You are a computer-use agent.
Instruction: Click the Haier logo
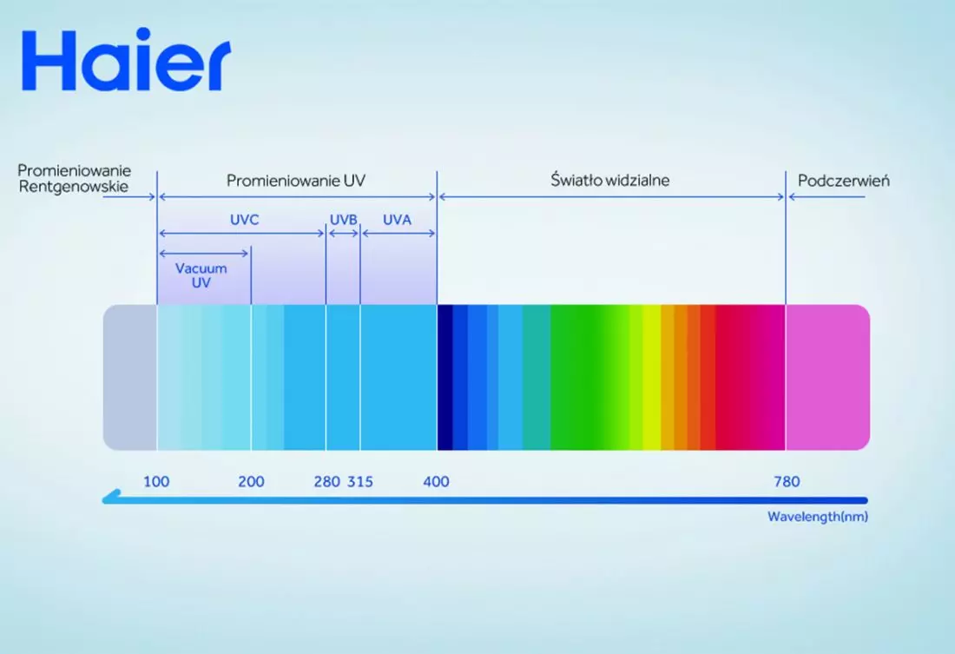pos(126,59)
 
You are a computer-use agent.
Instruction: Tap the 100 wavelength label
pos(156,481)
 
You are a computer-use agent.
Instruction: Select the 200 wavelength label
pos(251,481)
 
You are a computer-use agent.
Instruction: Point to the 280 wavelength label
pos(327,481)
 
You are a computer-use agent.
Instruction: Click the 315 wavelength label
pos(360,481)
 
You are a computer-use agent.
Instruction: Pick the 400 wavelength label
pos(436,481)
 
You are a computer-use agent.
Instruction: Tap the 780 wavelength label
pos(787,481)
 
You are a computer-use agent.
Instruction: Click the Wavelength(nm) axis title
pos(817,517)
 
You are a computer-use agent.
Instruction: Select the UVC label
pos(244,220)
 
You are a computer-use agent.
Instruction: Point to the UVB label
pos(344,220)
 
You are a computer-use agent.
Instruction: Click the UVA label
pos(397,220)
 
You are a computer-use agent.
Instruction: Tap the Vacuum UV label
pos(201,275)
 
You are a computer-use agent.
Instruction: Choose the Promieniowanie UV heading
pos(296,181)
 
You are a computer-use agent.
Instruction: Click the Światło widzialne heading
pos(610,180)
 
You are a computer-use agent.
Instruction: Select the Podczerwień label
pos(844,181)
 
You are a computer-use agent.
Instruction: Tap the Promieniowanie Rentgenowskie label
pos(74,179)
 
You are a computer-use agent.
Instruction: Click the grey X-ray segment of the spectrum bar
pos(129,377)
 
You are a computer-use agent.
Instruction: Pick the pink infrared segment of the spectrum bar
pos(827,377)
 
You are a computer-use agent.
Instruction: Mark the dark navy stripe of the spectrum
pos(445,377)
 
